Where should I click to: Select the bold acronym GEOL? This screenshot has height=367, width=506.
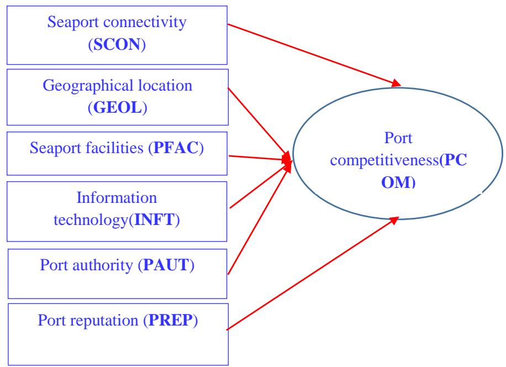pyautogui.click(x=117, y=108)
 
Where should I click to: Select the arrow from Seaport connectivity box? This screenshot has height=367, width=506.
pyautogui.click(x=312, y=55)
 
